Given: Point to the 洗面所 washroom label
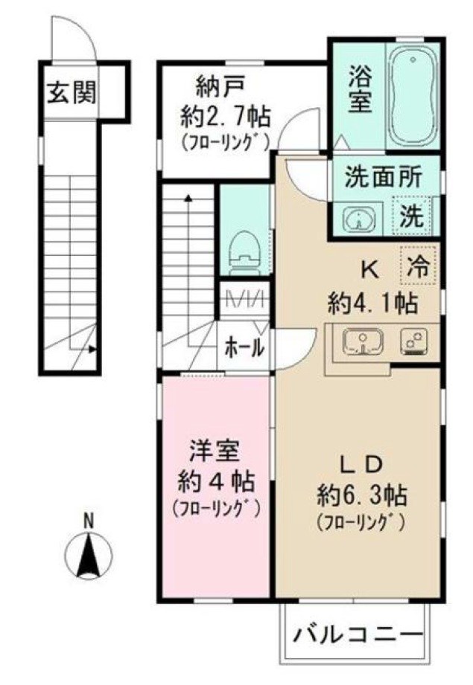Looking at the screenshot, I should [383, 178].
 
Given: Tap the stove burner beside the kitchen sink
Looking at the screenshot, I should [412, 341].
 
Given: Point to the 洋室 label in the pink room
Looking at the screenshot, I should [213, 452].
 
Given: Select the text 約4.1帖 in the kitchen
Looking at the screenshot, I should [372, 303].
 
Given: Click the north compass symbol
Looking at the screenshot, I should [89, 556].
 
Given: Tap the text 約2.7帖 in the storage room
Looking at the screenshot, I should [224, 116].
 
